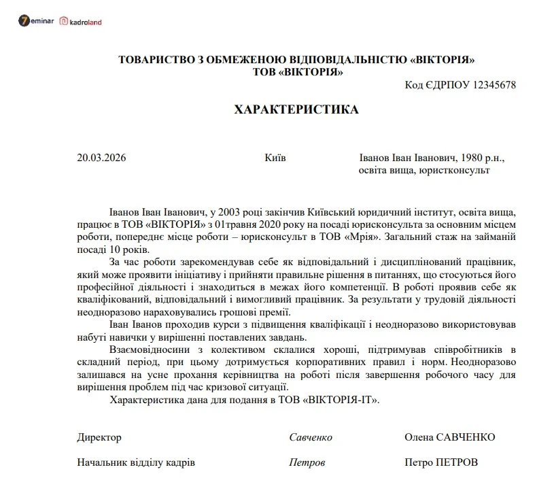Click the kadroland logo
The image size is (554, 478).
point(81,22)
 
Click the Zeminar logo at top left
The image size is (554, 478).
point(37,22)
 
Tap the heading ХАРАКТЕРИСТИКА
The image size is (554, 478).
point(296,109)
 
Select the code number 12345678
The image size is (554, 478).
point(489,85)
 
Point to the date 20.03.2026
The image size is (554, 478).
point(102,158)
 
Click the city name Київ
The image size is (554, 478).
point(275,158)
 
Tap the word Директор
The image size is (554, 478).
point(99,437)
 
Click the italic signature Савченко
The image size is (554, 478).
point(311,437)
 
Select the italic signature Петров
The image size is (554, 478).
point(307,462)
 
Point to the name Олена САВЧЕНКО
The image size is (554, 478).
point(449,437)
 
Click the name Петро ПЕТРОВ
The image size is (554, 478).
point(440,462)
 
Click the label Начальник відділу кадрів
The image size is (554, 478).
point(136,462)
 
